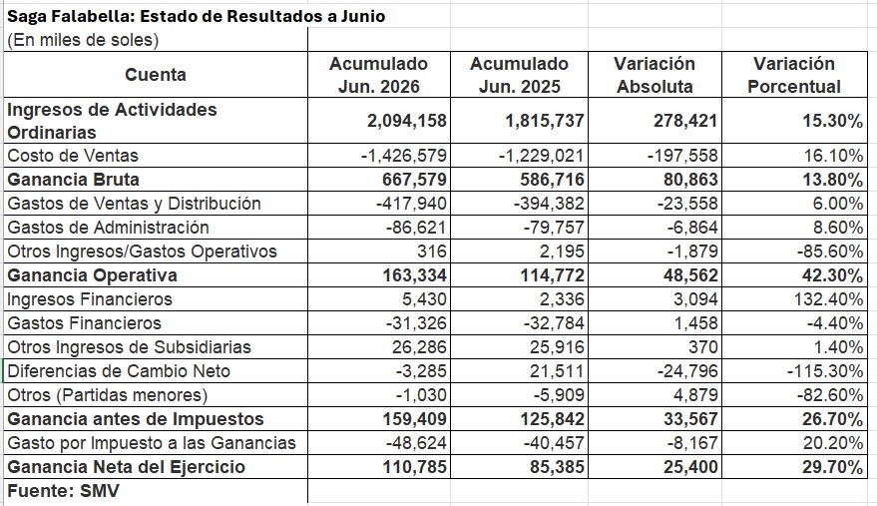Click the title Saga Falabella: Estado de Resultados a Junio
pyautogui.click(x=196, y=16)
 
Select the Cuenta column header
pyautogui.click(x=156, y=75)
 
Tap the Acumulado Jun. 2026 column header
pyautogui.click(x=379, y=75)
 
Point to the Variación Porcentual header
pyautogui.click(x=794, y=75)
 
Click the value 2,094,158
pyautogui.click(x=407, y=121)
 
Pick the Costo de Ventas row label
pyautogui.click(x=72, y=156)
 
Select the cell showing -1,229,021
pyautogui.click(x=542, y=156)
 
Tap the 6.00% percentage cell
pyautogui.click(x=838, y=204)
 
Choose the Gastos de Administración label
pyautogui.click(x=108, y=228)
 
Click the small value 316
pyautogui.click(x=432, y=252)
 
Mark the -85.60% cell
pyautogui.click(x=830, y=252)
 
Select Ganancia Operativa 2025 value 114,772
pyautogui.click(x=553, y=275)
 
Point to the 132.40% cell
pyautogui.click(x=828, y=299)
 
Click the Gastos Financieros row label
pyautogui.click(x=84, y=323)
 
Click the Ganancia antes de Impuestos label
pyautogui.click(x=136, y=419)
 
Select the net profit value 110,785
pyautogui.click(x=414, y=467)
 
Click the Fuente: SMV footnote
pyautogui.click(x=63, y=491)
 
